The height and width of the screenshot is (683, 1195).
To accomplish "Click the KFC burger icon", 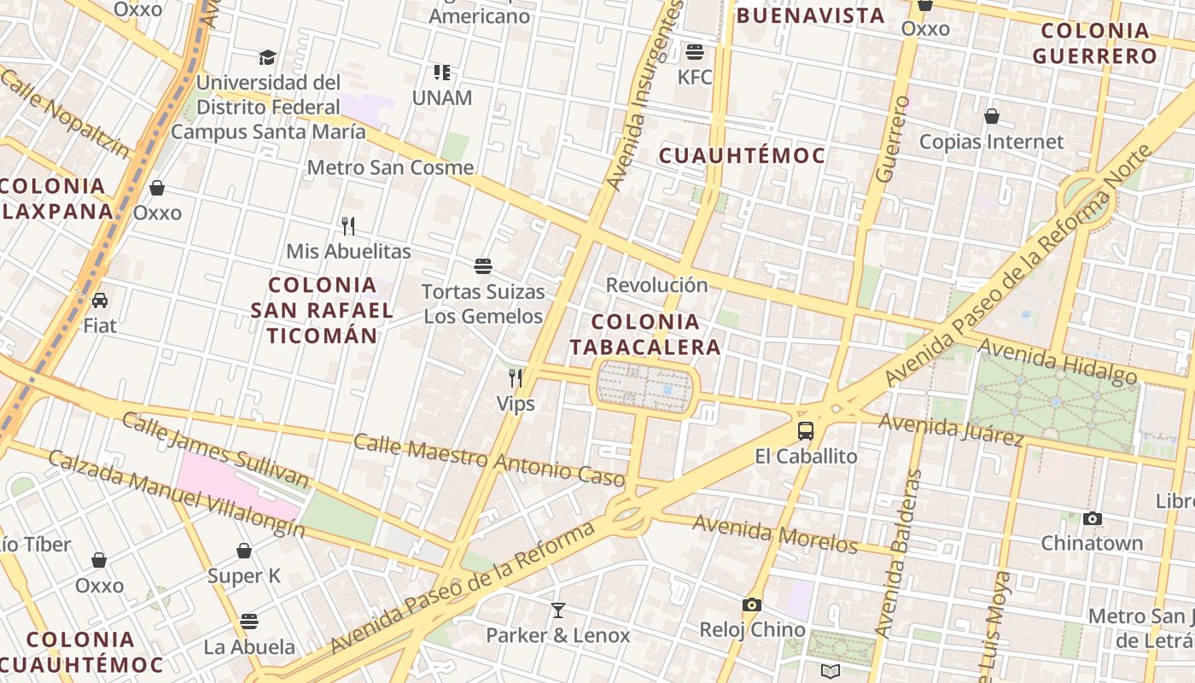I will tap(695, 51).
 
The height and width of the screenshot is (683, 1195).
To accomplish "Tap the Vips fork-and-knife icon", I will tap(516, 377).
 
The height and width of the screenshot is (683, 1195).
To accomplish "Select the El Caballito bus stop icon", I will tap(806, 430).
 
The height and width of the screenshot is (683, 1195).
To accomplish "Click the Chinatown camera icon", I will tap(1092, 518).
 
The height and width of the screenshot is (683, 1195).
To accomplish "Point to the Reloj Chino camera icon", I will tap(752, 604).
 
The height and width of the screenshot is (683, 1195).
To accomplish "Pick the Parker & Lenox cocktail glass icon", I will tap(558, 610).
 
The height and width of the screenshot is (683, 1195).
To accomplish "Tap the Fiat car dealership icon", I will tap(100, 300).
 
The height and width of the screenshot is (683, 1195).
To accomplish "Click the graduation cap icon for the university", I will tap(268, 57).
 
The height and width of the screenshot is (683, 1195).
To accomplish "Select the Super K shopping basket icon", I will tap(244, 551).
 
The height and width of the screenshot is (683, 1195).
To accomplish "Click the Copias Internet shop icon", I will tap(992, 116).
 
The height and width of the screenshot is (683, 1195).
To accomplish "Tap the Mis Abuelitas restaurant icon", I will tap(348, 226).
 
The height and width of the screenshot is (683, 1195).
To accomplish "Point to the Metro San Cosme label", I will tap(390, 167).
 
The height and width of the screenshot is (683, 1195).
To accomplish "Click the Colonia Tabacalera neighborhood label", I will tap(645, 335).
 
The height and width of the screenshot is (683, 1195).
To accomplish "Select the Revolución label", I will tap(656, 285).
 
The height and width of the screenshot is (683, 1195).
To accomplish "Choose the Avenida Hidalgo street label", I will tap(1058, 361).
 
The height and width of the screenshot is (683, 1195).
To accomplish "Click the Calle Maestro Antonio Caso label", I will tap(489, 460).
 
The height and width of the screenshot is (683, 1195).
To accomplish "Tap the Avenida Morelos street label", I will tap(775, 534).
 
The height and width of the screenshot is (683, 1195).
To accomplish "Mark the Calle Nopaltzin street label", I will tap(66, 114).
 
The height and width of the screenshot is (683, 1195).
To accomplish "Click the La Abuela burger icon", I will tap(249, 621).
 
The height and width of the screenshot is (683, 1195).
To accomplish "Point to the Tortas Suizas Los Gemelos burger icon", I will tap(483, 266).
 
